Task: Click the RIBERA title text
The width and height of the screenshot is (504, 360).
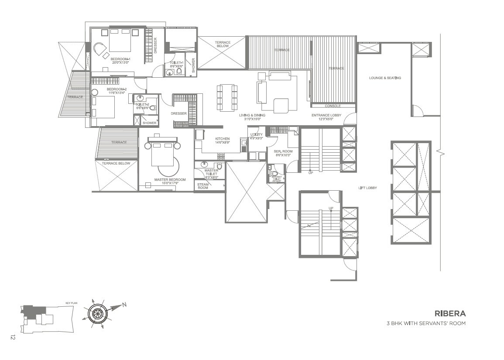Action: [450, 313]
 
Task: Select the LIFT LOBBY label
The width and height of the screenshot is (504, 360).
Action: [367, 188]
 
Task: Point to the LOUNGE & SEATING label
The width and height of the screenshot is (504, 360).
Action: [385, 78]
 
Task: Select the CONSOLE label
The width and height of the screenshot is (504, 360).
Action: [333, 106]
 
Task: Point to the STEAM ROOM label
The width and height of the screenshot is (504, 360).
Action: [203, 186]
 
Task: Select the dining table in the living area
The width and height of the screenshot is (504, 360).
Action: [227, 97]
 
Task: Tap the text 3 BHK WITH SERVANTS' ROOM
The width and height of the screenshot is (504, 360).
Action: [426, 323]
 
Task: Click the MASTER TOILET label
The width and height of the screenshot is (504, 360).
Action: [211, 173]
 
